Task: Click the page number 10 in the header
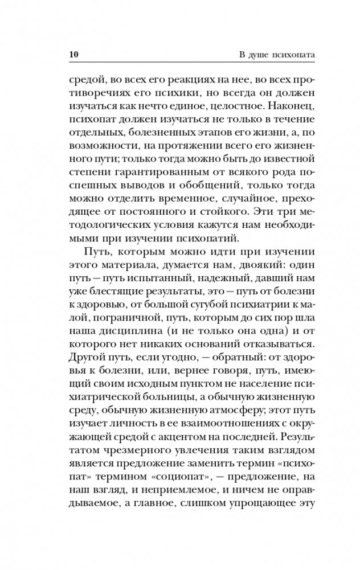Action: [x=72, y=55]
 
